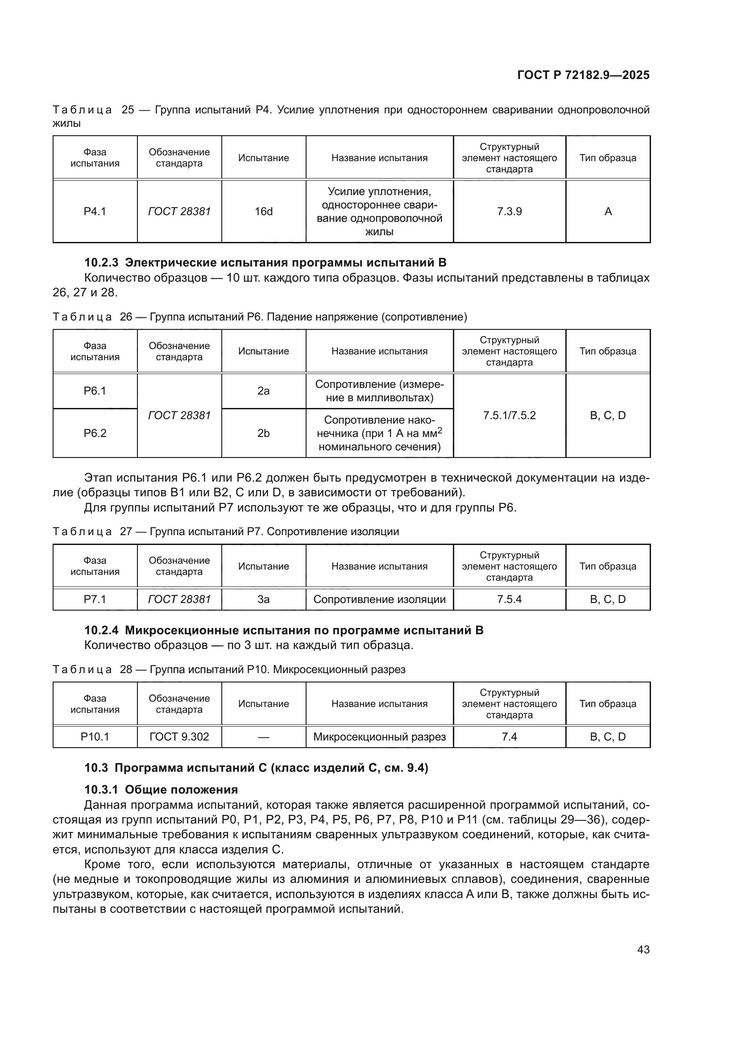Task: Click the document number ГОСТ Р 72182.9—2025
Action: (583, 75)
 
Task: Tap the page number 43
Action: (643, 949)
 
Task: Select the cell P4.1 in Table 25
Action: (95, 212)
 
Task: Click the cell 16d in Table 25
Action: (264, 212)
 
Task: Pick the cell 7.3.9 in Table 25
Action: (509, 212)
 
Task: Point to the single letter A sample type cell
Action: (608, 212)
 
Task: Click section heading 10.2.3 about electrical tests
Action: (265, 262)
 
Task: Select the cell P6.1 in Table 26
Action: (95, 391)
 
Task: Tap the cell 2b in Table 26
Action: (264, 433)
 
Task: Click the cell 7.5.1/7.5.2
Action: (509, 415)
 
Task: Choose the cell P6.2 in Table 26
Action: (95, 433)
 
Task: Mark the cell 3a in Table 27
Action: (264, 599)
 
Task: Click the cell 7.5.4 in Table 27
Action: (509, 599)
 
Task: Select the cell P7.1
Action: (95, 599)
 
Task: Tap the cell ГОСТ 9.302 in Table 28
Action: (179, 736)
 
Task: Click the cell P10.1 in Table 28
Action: (95, 736)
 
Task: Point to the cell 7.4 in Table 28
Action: (509, 736)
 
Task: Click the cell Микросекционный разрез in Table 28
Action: (379, 736)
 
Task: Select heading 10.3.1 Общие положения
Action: (162, 790)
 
